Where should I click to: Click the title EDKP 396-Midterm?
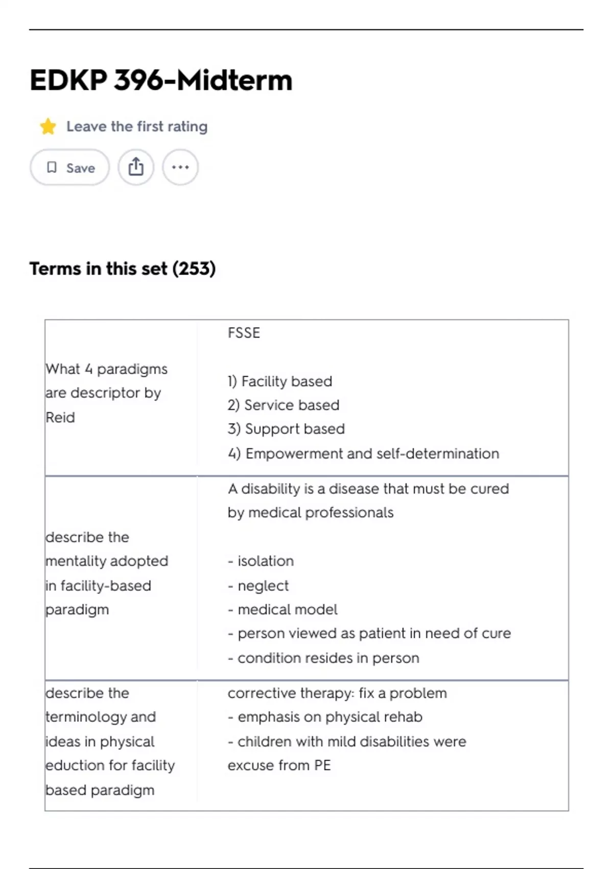tap(161, 80)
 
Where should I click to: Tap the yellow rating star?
tap(48, 126)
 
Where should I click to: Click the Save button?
tap(70, 168)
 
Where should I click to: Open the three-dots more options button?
tap(180, 167)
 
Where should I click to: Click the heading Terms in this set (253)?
tap(123, 269)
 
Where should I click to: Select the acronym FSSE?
tap(244, 333)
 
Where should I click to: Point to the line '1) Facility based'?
tap(280, 381)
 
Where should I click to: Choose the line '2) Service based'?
tap(284, 405)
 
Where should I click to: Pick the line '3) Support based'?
tap(286, 429)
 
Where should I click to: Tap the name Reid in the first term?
tap(60, 418)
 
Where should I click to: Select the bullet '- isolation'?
tap(261, 561)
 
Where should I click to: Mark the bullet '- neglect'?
tap(258, 586)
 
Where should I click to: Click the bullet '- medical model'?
tap(282, 609)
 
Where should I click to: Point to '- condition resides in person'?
tap(323, 658)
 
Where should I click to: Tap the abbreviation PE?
tap(322, 765)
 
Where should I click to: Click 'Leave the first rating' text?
tap(137, 126)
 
